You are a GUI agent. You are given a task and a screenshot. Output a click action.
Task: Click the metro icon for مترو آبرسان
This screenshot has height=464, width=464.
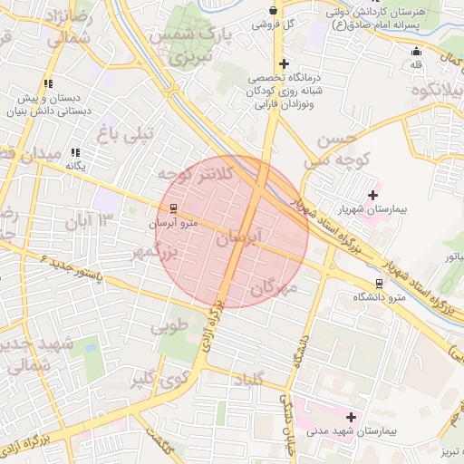coord(174,207)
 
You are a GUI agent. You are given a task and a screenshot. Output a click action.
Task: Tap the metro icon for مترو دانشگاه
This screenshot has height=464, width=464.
coord(379,282)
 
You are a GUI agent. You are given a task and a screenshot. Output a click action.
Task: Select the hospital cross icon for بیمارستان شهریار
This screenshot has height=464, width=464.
coord(372,195)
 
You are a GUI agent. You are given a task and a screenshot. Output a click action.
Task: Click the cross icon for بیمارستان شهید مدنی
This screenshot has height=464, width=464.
coord(352,417)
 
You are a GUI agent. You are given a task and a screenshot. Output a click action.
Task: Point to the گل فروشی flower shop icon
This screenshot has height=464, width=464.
coord(274,10)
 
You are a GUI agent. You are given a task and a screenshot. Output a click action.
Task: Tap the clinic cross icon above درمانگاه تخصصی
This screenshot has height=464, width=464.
coord(285,63)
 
